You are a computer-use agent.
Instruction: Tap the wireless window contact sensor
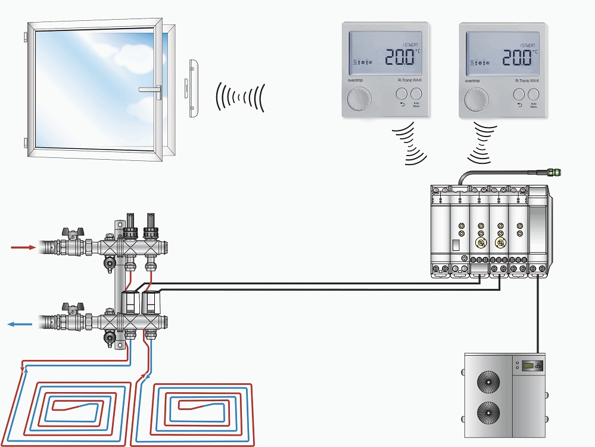pos(193,88)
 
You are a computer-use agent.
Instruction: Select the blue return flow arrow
pos(20,324)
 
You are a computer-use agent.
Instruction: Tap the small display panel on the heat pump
pos(531,365)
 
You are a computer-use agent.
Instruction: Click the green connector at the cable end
pos(554,172)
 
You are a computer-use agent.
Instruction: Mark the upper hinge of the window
pos(24,38)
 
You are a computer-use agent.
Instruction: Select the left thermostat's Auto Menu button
pos(416,94)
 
